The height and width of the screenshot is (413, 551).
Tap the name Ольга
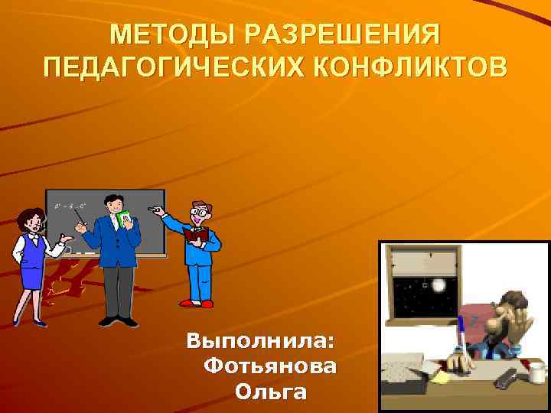[x=271, y=393]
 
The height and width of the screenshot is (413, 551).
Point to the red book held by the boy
[x=195, y=233]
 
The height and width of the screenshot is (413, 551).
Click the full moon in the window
[x=439, y=285]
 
